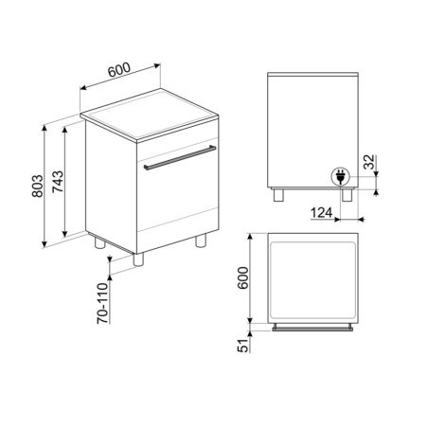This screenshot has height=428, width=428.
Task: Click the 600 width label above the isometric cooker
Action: pyautogui.click(x=119, y=70)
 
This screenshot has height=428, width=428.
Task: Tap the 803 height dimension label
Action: pyautogui.click(x=37, y=186)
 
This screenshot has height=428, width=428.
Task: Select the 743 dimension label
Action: pyautogui.click(x=58, y=182)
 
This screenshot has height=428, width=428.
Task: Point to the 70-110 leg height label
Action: pyautogui.click(x=102, y=303)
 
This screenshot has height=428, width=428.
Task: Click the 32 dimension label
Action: pyautogui.click(x=369, y=162)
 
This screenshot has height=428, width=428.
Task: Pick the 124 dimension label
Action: pyautogui.click(x=321, y=213)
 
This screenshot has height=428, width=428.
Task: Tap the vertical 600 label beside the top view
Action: pyautogui.click(x=243, y=277)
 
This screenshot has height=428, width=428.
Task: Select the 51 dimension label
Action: pyautogui.click(x=243, y=346)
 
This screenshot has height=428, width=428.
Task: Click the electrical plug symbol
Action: pyautogui.click(x=340, y=176)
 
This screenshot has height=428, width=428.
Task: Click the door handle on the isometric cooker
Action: pyautogui.click(x=180, y=157)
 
